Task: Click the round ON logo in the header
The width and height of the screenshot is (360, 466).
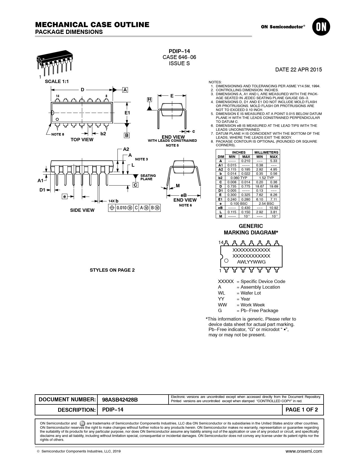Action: click(321, 27)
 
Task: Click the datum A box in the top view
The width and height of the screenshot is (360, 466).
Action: click(125, 90)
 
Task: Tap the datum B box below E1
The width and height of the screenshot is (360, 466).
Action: click(127, 135)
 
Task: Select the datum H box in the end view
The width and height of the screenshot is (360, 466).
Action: click(149, 99)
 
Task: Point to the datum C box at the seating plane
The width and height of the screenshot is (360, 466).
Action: click(136, 185)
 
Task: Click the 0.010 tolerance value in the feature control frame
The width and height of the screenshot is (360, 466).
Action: click(121, 208)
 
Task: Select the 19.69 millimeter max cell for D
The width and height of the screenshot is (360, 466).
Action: click(273, 186)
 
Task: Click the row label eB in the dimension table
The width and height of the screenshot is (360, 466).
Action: click(221, 208)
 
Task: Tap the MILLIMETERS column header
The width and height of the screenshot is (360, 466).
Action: click(266, 152)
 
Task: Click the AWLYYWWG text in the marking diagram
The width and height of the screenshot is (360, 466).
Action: click(251, 262)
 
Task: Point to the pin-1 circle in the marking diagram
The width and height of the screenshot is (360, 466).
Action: click(226, 261)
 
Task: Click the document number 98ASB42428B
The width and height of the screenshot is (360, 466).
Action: click(120, 400)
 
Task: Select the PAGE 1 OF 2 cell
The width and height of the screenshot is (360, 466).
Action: click(302, 410)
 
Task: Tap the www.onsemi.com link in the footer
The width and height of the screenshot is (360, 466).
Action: click(304, 451)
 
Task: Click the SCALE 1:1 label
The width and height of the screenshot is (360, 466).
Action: click(57, 82)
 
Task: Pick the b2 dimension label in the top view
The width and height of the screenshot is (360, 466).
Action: click(103, 134)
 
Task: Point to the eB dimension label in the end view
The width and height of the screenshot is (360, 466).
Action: click(184, 195)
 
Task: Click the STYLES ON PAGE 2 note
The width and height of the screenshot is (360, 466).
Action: click(112, 270)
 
